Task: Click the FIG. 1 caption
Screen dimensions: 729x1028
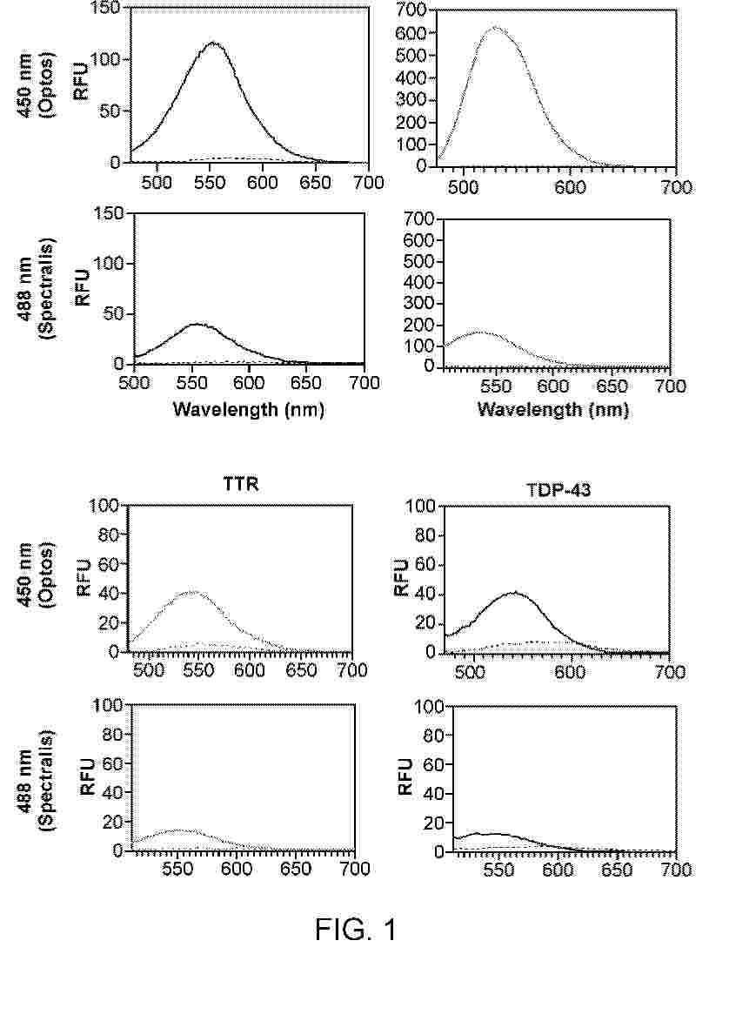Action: click(355, 929)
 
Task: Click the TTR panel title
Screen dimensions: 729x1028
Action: click(241, 484)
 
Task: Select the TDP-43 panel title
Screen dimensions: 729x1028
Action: click(558, 489)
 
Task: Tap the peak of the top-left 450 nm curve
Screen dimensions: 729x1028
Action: click(212, 44)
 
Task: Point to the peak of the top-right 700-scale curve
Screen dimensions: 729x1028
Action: click(496, 28)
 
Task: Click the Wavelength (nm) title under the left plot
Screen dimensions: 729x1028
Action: click(248, 410)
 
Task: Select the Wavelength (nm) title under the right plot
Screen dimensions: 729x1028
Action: click(552, 410)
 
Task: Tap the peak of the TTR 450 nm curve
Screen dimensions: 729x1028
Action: click(192, 591)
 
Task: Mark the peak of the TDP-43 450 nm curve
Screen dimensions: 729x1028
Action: click(515, 593)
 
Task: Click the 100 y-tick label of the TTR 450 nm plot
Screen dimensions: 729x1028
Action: click(104, 506)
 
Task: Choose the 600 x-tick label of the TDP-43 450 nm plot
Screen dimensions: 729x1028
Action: click(570, 672)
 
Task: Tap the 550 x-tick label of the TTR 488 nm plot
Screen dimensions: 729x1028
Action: click(177, 870)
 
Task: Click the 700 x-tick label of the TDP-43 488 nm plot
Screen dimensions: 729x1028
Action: click(676, 870)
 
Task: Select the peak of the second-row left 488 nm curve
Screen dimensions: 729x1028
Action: click(197, 324)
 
